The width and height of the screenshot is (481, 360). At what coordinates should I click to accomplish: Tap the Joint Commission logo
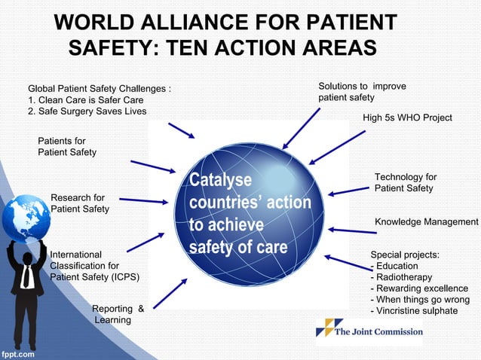click(369, 329)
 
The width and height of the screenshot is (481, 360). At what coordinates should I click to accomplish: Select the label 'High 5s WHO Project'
click(407, 117)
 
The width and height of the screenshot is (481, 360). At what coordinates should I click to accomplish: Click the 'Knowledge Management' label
click(426, 221)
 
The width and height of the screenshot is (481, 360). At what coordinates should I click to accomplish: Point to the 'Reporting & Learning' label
click(118, 314)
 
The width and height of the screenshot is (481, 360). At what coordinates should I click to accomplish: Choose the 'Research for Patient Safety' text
click(79, 203)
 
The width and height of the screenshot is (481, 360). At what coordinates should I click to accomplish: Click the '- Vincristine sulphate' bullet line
click(414, 310)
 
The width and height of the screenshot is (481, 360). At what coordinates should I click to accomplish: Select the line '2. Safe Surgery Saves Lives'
click(87, 111)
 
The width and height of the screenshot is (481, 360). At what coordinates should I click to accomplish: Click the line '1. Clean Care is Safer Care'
click(85, 100)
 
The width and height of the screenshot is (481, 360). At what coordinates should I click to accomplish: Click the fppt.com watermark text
click(17, 352)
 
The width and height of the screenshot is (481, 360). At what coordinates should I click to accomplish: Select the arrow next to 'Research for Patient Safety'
click(143, 201)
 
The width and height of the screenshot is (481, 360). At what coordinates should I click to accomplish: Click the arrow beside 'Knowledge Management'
click(352, 230)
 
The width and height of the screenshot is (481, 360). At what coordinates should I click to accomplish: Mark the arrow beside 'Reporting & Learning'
click(174, 293)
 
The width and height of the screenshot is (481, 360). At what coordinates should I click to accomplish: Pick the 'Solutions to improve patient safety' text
click(362, 92)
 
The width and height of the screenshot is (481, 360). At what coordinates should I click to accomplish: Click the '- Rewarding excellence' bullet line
click(419, 288)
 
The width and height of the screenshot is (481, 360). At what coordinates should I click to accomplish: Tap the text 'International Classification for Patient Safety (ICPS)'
click(94, 266)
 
